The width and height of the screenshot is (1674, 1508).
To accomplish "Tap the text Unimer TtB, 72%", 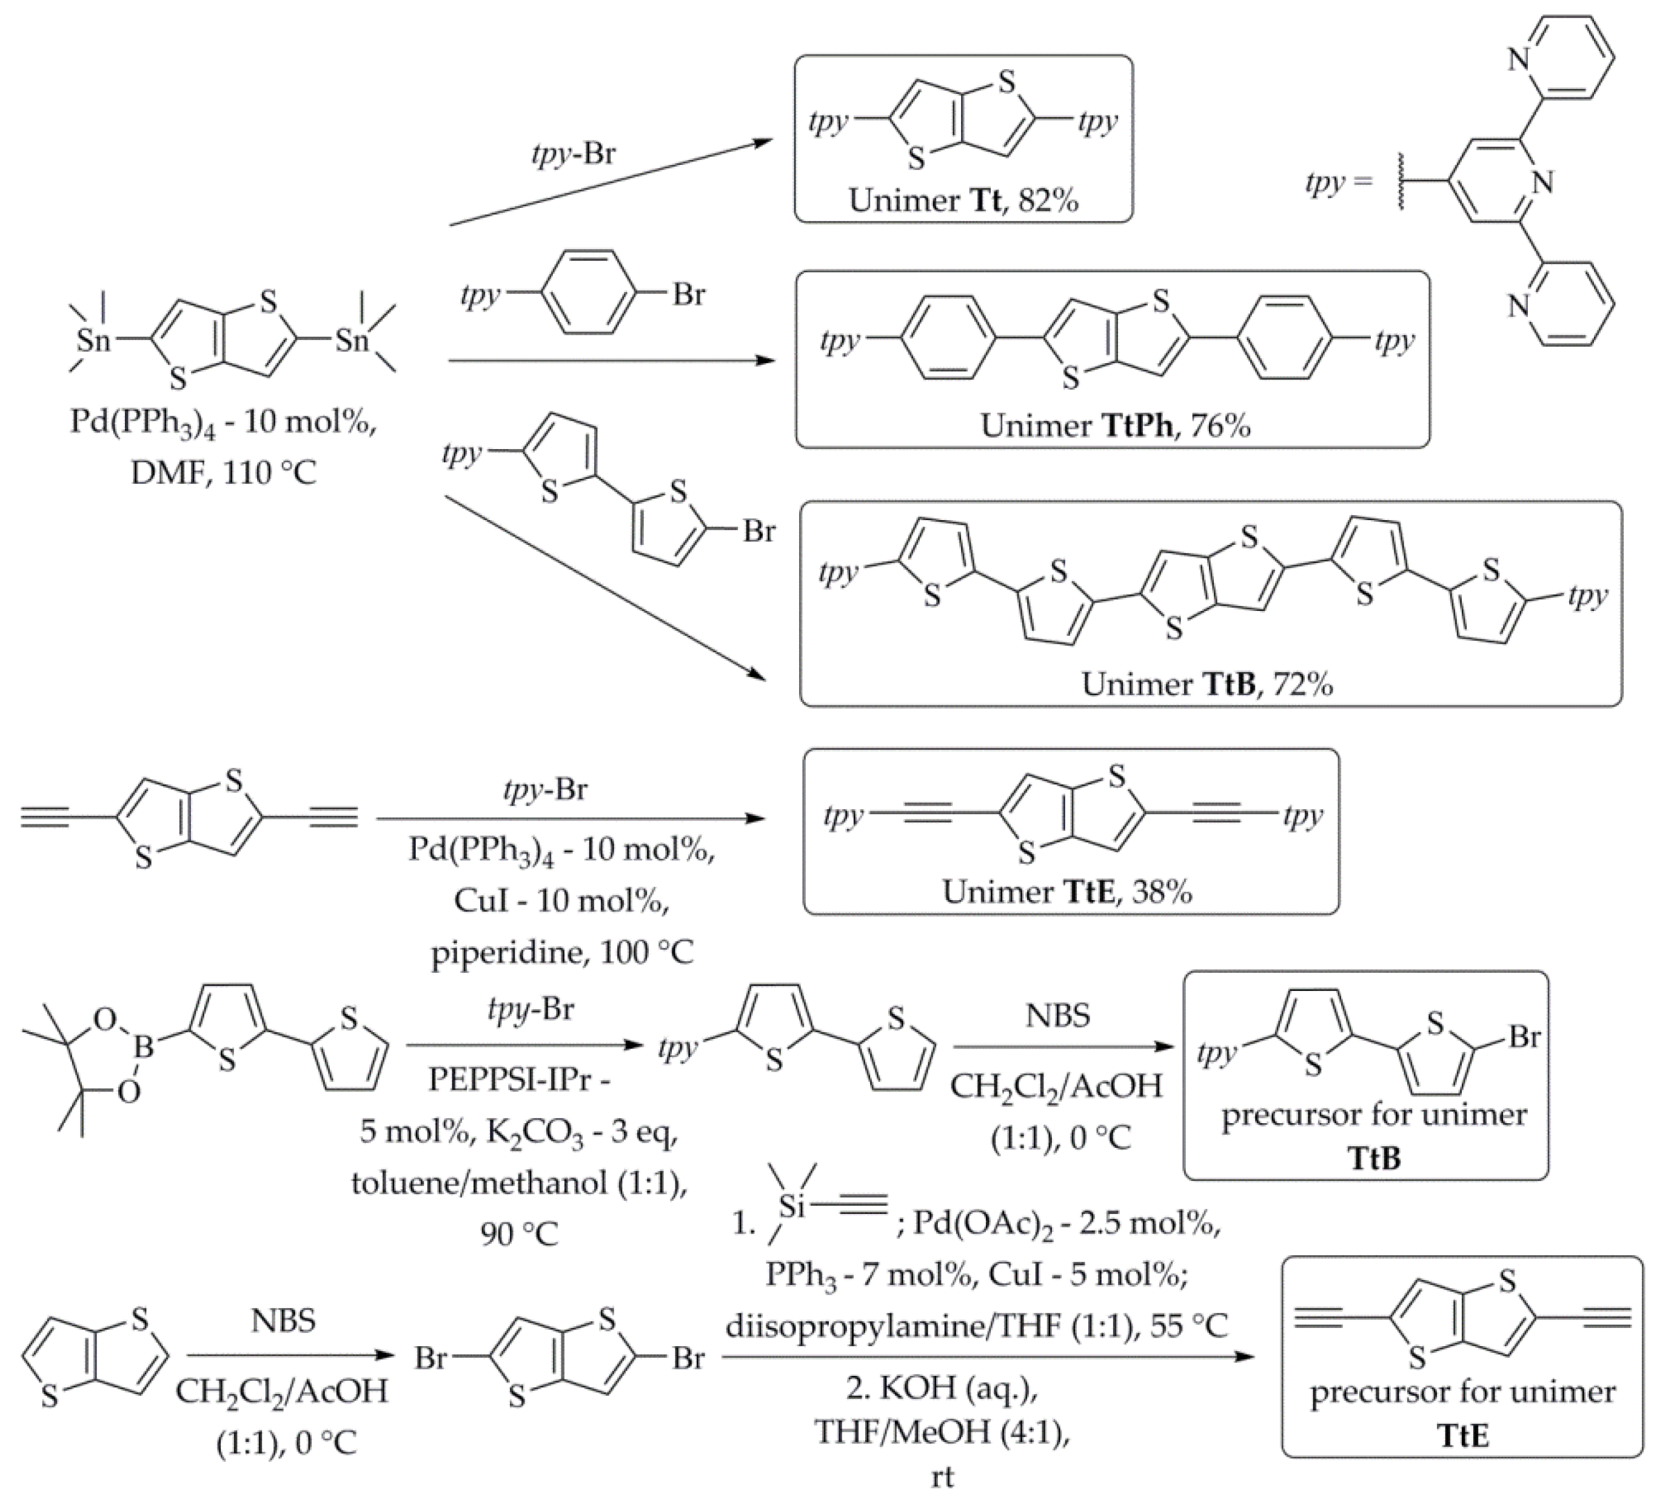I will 1207,684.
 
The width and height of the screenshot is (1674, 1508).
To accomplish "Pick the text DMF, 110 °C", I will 224,473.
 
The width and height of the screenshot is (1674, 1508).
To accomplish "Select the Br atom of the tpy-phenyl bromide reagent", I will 688,294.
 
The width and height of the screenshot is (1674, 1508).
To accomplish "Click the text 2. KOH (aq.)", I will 942,1387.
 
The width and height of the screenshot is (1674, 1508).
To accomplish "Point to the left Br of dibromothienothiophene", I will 431,1359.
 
